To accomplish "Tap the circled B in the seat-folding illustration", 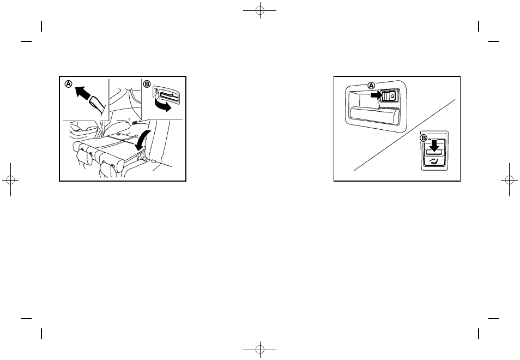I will [x=147, y=85].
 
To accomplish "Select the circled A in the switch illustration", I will [x=371, y=86].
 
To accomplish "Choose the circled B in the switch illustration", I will [x=423, y=139].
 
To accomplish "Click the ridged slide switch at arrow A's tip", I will [x=389, y=97].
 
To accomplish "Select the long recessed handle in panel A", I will [x=376, y=114].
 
